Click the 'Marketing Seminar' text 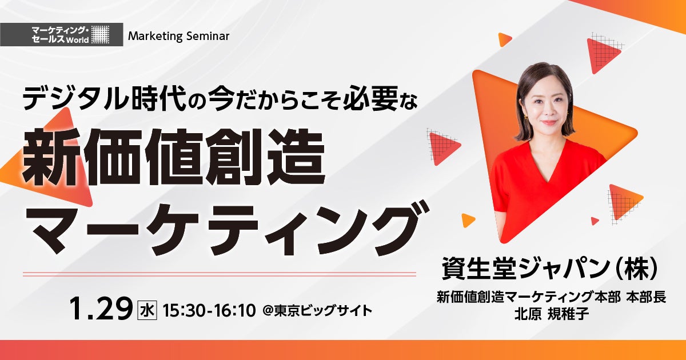pyautogui.click(x=178, y=37)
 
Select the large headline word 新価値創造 pyautogui.click(x=173, y=157)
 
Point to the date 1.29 pyautogui.click(x=101, y=309)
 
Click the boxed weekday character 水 pyautogui.click(x=147, y=310)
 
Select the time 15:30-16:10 pyautogui.click(x=209, y=310)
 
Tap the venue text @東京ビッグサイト pyautogui.click(x=317, y=311)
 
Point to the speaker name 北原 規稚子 pyautogui.click(x=552, y=314)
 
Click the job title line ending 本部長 pyautogui.click(x=551, y=297)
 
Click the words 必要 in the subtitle pyautogui.click(x=370, y=98)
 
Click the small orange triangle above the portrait pyautogui.click(x=505, y=39)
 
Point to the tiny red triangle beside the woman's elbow pyautogui.click(x=595, y=221)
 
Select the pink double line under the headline pyautogui.click(x=220, y=274)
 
